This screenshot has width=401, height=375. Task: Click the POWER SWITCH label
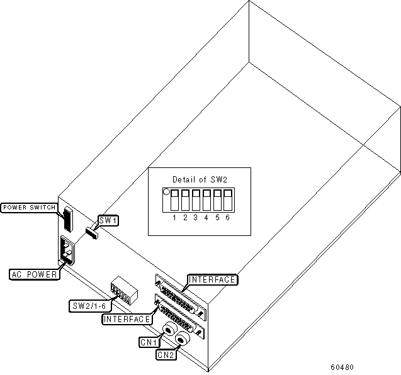coord(30,208)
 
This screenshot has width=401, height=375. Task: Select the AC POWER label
coord(35,274)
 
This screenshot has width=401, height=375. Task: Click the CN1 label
coord(148,342)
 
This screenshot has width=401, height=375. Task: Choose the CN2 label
coord(165,354)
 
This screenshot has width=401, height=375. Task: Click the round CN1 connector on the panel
coord(170,330)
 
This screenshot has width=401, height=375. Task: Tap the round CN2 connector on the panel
coord(183,340)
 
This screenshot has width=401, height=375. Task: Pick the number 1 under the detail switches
coord(175,217)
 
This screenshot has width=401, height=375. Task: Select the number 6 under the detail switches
coord(227,217)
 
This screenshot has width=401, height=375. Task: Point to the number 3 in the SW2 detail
coord(196,217)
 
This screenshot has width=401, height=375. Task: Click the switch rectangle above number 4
coord(206,200)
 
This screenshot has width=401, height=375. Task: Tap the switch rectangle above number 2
coord(185,200)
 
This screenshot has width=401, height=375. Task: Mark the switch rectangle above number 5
coord(217,200)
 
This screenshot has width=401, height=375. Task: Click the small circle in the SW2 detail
coord(167,191)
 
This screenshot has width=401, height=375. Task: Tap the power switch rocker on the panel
coord(67,220)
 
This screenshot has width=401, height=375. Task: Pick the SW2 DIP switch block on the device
coord(121,291)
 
